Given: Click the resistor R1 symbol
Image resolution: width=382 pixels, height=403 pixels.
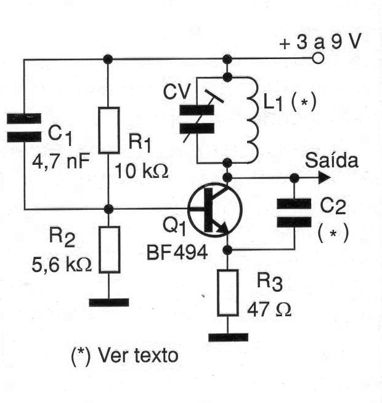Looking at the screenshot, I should tap(109, 130).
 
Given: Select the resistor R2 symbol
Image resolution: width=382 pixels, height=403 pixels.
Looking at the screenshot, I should tap(109, 249).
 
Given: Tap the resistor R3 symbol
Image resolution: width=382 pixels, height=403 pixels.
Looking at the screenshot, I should tap(227, 293).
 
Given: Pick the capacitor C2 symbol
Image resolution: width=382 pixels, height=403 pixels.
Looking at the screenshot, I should tap(293, 212).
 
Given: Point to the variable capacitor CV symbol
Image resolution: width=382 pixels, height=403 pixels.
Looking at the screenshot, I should tap(195, 119).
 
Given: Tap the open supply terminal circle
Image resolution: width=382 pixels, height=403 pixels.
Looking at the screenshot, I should tap(318, 60).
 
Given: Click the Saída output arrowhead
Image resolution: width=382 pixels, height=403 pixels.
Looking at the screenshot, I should tap(323, 178).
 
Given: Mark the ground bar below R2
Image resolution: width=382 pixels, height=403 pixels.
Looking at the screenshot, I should tap(109, 302).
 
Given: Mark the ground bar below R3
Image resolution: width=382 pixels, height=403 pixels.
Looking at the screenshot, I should tap(228, 337).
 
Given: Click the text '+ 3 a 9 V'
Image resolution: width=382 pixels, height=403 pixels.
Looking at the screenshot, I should tap(320, 44).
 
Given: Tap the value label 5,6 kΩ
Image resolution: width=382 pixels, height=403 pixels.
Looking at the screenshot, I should tap(62, 266).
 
